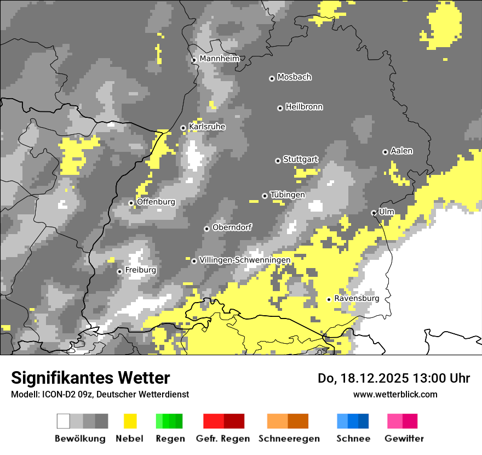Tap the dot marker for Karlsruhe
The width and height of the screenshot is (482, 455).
[183, 128]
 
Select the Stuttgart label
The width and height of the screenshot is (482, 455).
[300, 160]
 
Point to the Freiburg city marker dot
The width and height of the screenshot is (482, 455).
[119, 271]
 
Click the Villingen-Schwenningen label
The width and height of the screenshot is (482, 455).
[245, 260]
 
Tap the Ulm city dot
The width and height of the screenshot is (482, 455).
[374, 213]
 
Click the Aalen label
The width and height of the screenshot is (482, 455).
[401, 151]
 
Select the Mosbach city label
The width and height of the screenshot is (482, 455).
[294, 77]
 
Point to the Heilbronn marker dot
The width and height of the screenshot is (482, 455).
[280, 108]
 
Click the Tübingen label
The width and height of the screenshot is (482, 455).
[288, 195]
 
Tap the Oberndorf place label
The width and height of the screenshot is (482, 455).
[232, 228]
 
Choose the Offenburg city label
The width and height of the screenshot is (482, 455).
[156, 202]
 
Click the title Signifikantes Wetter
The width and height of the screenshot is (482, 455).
[90, 378]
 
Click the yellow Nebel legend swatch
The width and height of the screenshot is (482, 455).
[130, 421]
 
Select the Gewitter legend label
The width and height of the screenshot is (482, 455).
[404, 439]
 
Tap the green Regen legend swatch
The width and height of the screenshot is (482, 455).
[169, 421]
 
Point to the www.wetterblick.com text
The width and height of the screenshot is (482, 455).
[395, 394]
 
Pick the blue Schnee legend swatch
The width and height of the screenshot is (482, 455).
[353, 421]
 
